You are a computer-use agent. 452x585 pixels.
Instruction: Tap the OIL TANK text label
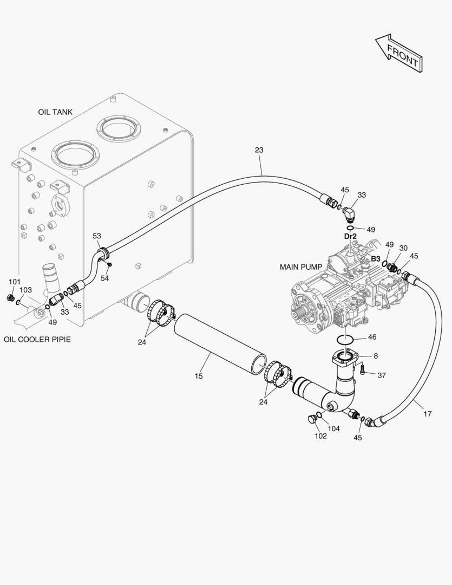55,112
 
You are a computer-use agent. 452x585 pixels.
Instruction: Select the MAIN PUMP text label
301,267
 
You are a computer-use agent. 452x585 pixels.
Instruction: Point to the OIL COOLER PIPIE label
37,340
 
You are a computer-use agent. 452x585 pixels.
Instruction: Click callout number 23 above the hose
259,150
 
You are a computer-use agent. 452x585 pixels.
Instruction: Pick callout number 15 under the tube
199,376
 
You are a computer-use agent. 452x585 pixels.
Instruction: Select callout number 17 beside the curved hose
427,414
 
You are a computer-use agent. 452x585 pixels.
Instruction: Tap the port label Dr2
350,236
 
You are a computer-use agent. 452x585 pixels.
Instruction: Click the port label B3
375,259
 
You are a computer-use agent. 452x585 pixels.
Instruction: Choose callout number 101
15,282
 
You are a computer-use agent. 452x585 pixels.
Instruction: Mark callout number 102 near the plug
320,436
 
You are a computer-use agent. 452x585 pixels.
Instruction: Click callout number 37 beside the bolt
382,375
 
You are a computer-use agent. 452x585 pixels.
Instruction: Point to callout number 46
372,337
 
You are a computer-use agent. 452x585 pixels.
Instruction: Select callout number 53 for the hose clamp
97,236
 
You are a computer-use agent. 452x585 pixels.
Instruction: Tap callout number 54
104,278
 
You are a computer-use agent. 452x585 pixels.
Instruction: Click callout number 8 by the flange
376,356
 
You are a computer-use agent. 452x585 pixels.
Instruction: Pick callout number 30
403,248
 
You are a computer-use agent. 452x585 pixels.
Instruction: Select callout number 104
334,428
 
